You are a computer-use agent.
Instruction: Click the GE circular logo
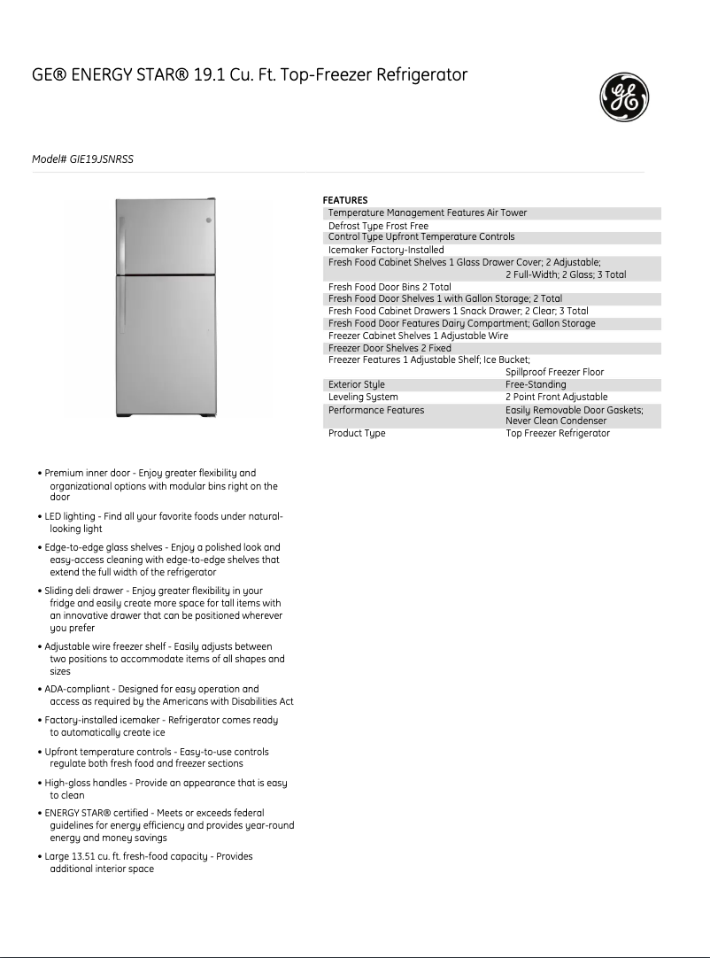(624, 97)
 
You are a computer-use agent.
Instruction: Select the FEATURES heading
(344, 200)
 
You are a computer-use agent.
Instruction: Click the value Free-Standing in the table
(535, 385)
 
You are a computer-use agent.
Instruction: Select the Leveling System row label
(363, 398)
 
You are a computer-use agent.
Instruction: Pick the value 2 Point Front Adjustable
(556, 398)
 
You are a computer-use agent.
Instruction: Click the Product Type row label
(357, 434)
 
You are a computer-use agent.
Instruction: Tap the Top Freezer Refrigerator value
(558, 434)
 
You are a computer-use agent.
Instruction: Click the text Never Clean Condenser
(556, 421)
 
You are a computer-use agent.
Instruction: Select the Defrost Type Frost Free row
(378, 227)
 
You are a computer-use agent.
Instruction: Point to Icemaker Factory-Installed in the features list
(386, 251)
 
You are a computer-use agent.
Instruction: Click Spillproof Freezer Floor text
(554, 373)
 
